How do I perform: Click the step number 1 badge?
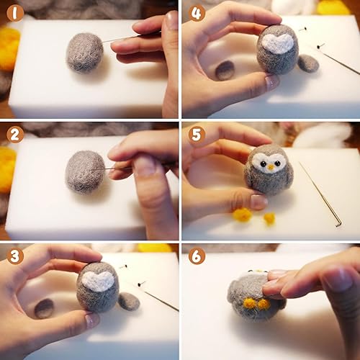[x=15, y=13]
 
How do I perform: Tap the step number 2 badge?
[x=15, y=135]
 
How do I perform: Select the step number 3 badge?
[x=15, y=256]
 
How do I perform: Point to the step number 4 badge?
[x=197, y=13]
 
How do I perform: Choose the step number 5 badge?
[x=197, y=135]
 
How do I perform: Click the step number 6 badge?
[x=197, y=256]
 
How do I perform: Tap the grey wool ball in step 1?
[x=85, y=53]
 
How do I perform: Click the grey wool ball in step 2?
[x=85, y=172]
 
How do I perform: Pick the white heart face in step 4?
[x=278, y=44]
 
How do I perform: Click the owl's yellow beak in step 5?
[x=271, y=167]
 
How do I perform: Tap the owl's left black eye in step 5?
[x=264, y=164]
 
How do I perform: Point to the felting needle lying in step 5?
[x=320, y=194]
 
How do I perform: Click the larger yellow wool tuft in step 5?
[x=242, y=215]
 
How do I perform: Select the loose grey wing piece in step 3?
[x=129, y=302]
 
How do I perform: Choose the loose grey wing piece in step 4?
[x=308, y=63]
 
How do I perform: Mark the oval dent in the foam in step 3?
[x=44, y=308]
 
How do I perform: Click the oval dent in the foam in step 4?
[x=225, y=71]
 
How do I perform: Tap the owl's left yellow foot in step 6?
[x=250, y=304]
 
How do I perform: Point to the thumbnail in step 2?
[x=143, y=166]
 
